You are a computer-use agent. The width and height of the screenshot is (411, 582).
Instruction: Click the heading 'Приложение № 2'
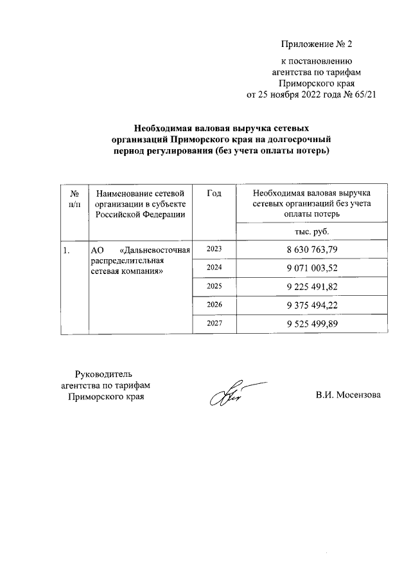coord(317,44)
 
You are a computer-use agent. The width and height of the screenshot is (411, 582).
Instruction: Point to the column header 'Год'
coord(215,193)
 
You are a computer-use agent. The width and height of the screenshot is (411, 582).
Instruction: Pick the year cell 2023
coord(214,249)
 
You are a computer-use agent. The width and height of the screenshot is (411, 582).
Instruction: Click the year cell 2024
coord(214,268)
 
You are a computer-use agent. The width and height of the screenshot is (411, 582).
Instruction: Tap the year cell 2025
coord(214,286)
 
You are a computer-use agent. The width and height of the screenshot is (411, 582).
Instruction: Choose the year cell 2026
coord(214,305)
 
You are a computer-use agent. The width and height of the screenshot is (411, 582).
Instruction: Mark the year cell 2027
coord(214,324)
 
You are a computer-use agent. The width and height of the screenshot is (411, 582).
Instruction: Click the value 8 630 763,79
coord(312,250)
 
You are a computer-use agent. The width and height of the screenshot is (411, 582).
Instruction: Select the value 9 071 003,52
coord(312,268)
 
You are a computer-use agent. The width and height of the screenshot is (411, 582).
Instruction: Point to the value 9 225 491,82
coord(312,287)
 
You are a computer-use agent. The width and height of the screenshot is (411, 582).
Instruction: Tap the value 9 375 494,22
coord(312,305)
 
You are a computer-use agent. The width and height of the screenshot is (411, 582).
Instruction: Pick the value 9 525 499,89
coord(312,324)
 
